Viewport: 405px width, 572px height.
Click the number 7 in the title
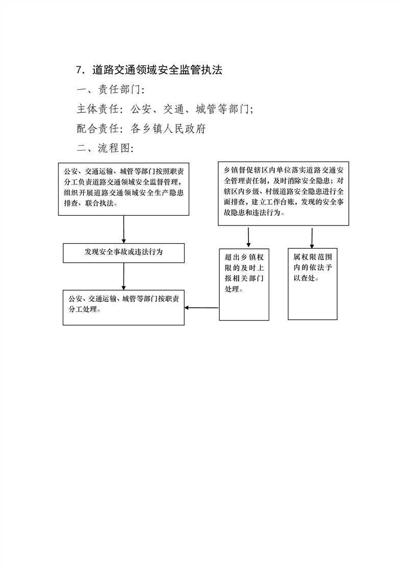click(x=79, y=70)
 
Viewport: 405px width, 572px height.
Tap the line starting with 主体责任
click(x=165, y=109)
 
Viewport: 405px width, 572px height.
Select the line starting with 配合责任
click(x=141, y=128)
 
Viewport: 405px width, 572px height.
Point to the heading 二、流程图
click(x=105, y=148)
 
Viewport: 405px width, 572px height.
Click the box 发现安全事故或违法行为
click(x=123, y=253)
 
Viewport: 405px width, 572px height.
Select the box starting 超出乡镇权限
click(x=244, y=284)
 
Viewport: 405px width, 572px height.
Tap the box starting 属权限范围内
click(x=312, y=284)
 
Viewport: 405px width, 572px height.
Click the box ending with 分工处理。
click(x=123, y=307)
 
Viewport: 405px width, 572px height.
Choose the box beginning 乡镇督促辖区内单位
click(x=284, y=194)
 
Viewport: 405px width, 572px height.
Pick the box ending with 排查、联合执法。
click(x=123, y=189)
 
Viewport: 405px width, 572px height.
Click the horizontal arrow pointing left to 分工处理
click(x=201, y=308)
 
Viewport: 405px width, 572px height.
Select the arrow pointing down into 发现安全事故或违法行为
click(x=123, y=229)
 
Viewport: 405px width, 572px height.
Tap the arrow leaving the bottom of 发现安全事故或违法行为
click(x=123, y=276)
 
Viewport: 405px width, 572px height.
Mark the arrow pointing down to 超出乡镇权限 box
click(x=248, y=238)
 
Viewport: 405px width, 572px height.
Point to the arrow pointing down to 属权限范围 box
click(x=312, y=238)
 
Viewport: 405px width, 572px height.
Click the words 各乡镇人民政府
click(x=168, y=128)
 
